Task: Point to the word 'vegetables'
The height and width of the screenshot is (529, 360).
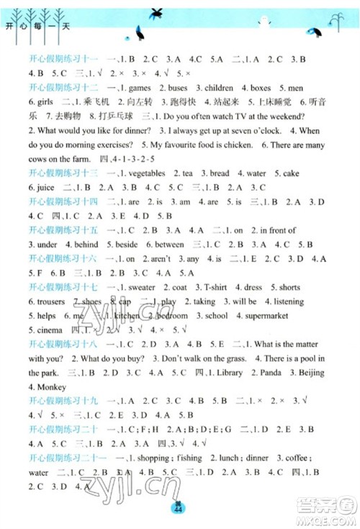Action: [145, 173]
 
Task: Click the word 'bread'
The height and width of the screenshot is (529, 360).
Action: [220, 173]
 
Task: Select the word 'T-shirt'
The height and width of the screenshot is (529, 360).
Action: [215, 286]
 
